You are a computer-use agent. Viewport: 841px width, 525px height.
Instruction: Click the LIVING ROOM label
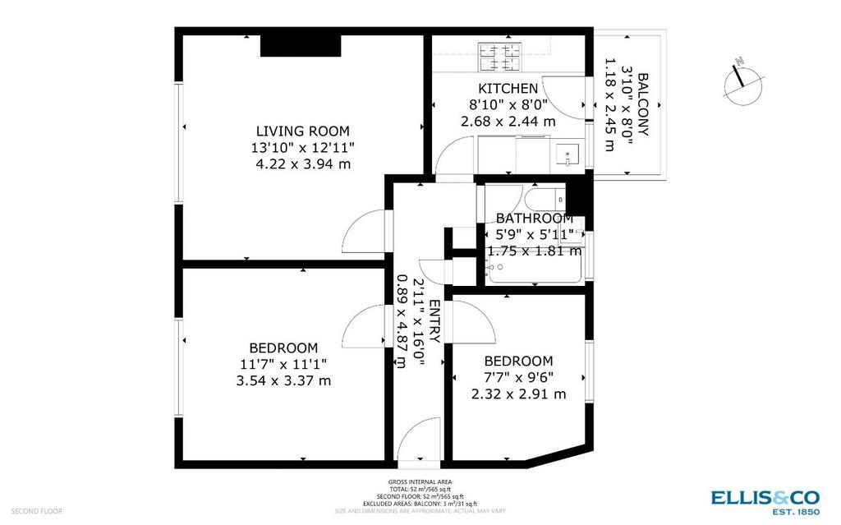[x=302, y=131]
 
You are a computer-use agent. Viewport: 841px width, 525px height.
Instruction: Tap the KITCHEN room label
[x=508, y=89]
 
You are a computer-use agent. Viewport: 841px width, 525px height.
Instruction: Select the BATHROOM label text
[x=534, y=219]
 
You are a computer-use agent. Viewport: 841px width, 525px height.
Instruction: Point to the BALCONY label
[x=643, y=104]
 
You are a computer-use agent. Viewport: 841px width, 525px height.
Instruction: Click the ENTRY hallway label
[x=434, y=321]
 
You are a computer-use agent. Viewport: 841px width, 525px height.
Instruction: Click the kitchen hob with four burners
[x=500, y=58]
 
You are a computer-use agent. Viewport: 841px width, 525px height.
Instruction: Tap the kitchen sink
[x=569, y=155]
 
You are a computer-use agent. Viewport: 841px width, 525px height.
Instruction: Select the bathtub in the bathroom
[x=534, y=266]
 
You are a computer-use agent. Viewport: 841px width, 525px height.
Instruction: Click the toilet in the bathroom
[x=545, y=200]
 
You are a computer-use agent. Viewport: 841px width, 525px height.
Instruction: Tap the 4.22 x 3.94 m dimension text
[x=303, y=163]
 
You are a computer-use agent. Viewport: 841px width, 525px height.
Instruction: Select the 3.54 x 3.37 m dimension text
[x=283, y=381]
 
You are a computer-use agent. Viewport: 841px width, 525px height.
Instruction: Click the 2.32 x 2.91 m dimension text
[x=519, y=394]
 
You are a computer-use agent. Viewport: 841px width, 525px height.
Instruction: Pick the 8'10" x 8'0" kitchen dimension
[x=508, y=104]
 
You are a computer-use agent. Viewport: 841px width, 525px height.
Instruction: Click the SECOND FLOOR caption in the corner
[x=36, y=511]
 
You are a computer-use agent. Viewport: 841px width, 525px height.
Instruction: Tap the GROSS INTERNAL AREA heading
[x=420, y=482]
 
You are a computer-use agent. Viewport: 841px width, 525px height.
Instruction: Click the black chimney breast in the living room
[x=301, y=45]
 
